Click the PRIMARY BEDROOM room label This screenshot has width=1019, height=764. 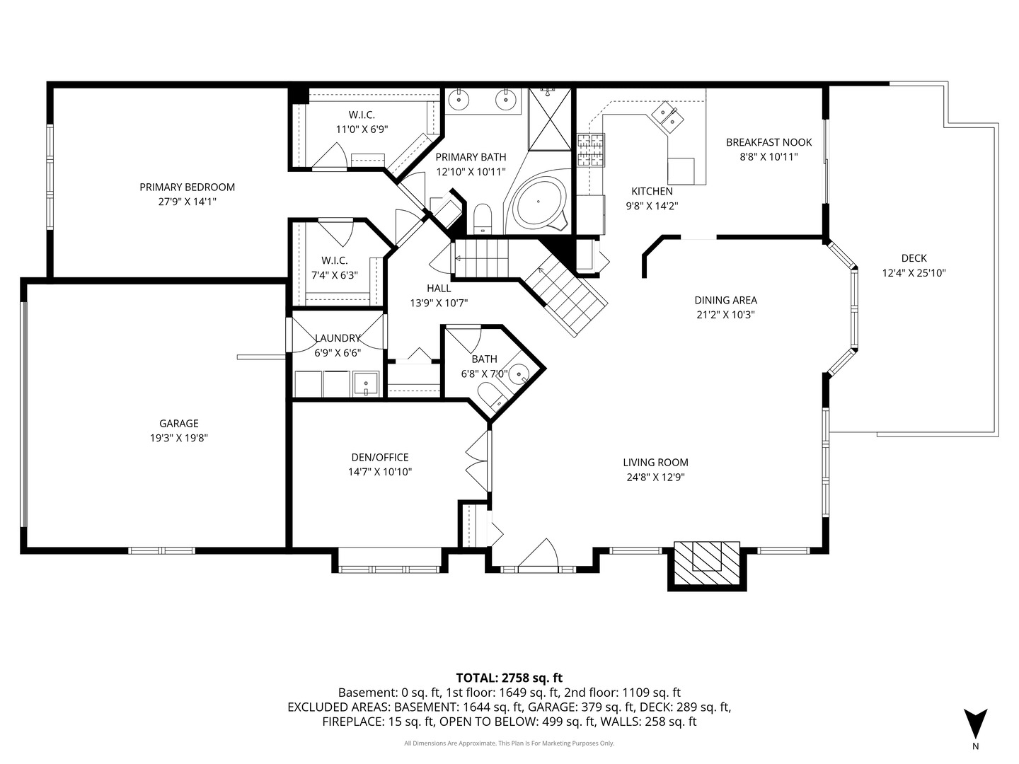coord(187,187)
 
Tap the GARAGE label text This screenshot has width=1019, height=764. coord(178,424)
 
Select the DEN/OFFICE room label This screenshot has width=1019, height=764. coord(379,458)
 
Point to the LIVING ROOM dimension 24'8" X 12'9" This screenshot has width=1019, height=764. coord(655,477)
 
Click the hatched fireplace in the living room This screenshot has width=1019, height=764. coord(706,564)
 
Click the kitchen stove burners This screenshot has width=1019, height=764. coord(590,150)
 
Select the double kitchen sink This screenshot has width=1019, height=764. coord(668,117)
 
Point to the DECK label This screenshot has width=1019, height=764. coord(914,258)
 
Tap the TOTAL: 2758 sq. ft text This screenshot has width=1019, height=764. coord(509,678)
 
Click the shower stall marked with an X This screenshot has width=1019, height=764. coord(549,120)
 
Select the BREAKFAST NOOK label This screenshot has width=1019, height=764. coord(768,142)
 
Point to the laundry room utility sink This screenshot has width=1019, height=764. coord(366,384)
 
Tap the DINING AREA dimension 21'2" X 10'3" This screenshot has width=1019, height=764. coord(725,315)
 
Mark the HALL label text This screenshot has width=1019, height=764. coord(439,289)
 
